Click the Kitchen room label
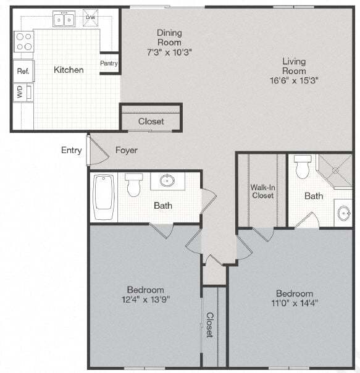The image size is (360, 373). pos(69,70)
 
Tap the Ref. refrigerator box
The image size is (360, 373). pos(23,71)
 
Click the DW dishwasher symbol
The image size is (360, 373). pos(90,18)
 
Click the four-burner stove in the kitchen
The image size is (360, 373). pos(23,41)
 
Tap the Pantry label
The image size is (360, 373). pos(109,63)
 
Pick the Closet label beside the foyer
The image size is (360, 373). pos(151,122)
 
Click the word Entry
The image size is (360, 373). pos(71,150)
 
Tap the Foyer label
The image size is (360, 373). pos(126,150)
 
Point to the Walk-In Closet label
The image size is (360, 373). pos(262,191)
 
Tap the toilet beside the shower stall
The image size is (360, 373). pos(303,167)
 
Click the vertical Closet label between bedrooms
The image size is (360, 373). pos(210,324)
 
